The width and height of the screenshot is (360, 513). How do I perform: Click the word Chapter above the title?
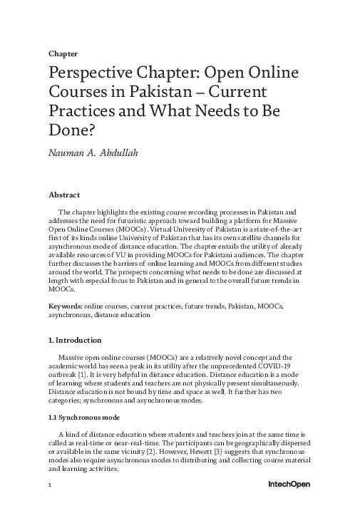click(63, 53)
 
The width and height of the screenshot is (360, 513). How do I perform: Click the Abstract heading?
click(63, 195)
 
